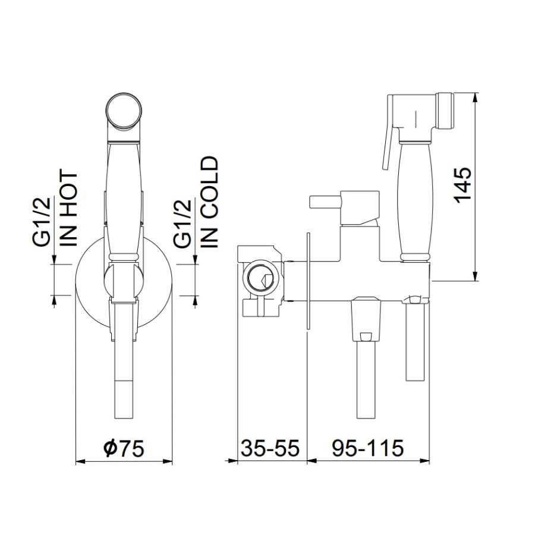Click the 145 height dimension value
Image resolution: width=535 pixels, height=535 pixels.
click(463, 186)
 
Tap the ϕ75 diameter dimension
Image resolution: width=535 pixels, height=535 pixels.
click(124, 448)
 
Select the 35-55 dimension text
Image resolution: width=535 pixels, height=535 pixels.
click(270, 448)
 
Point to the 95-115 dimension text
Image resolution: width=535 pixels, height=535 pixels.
click(368, 448)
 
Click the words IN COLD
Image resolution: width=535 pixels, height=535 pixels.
click(209, 202)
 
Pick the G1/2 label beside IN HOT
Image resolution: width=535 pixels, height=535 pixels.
click(42, 222)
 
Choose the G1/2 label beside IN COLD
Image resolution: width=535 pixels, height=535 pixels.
click(182, 223)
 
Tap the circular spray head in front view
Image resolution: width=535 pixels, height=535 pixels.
click(124, 111)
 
